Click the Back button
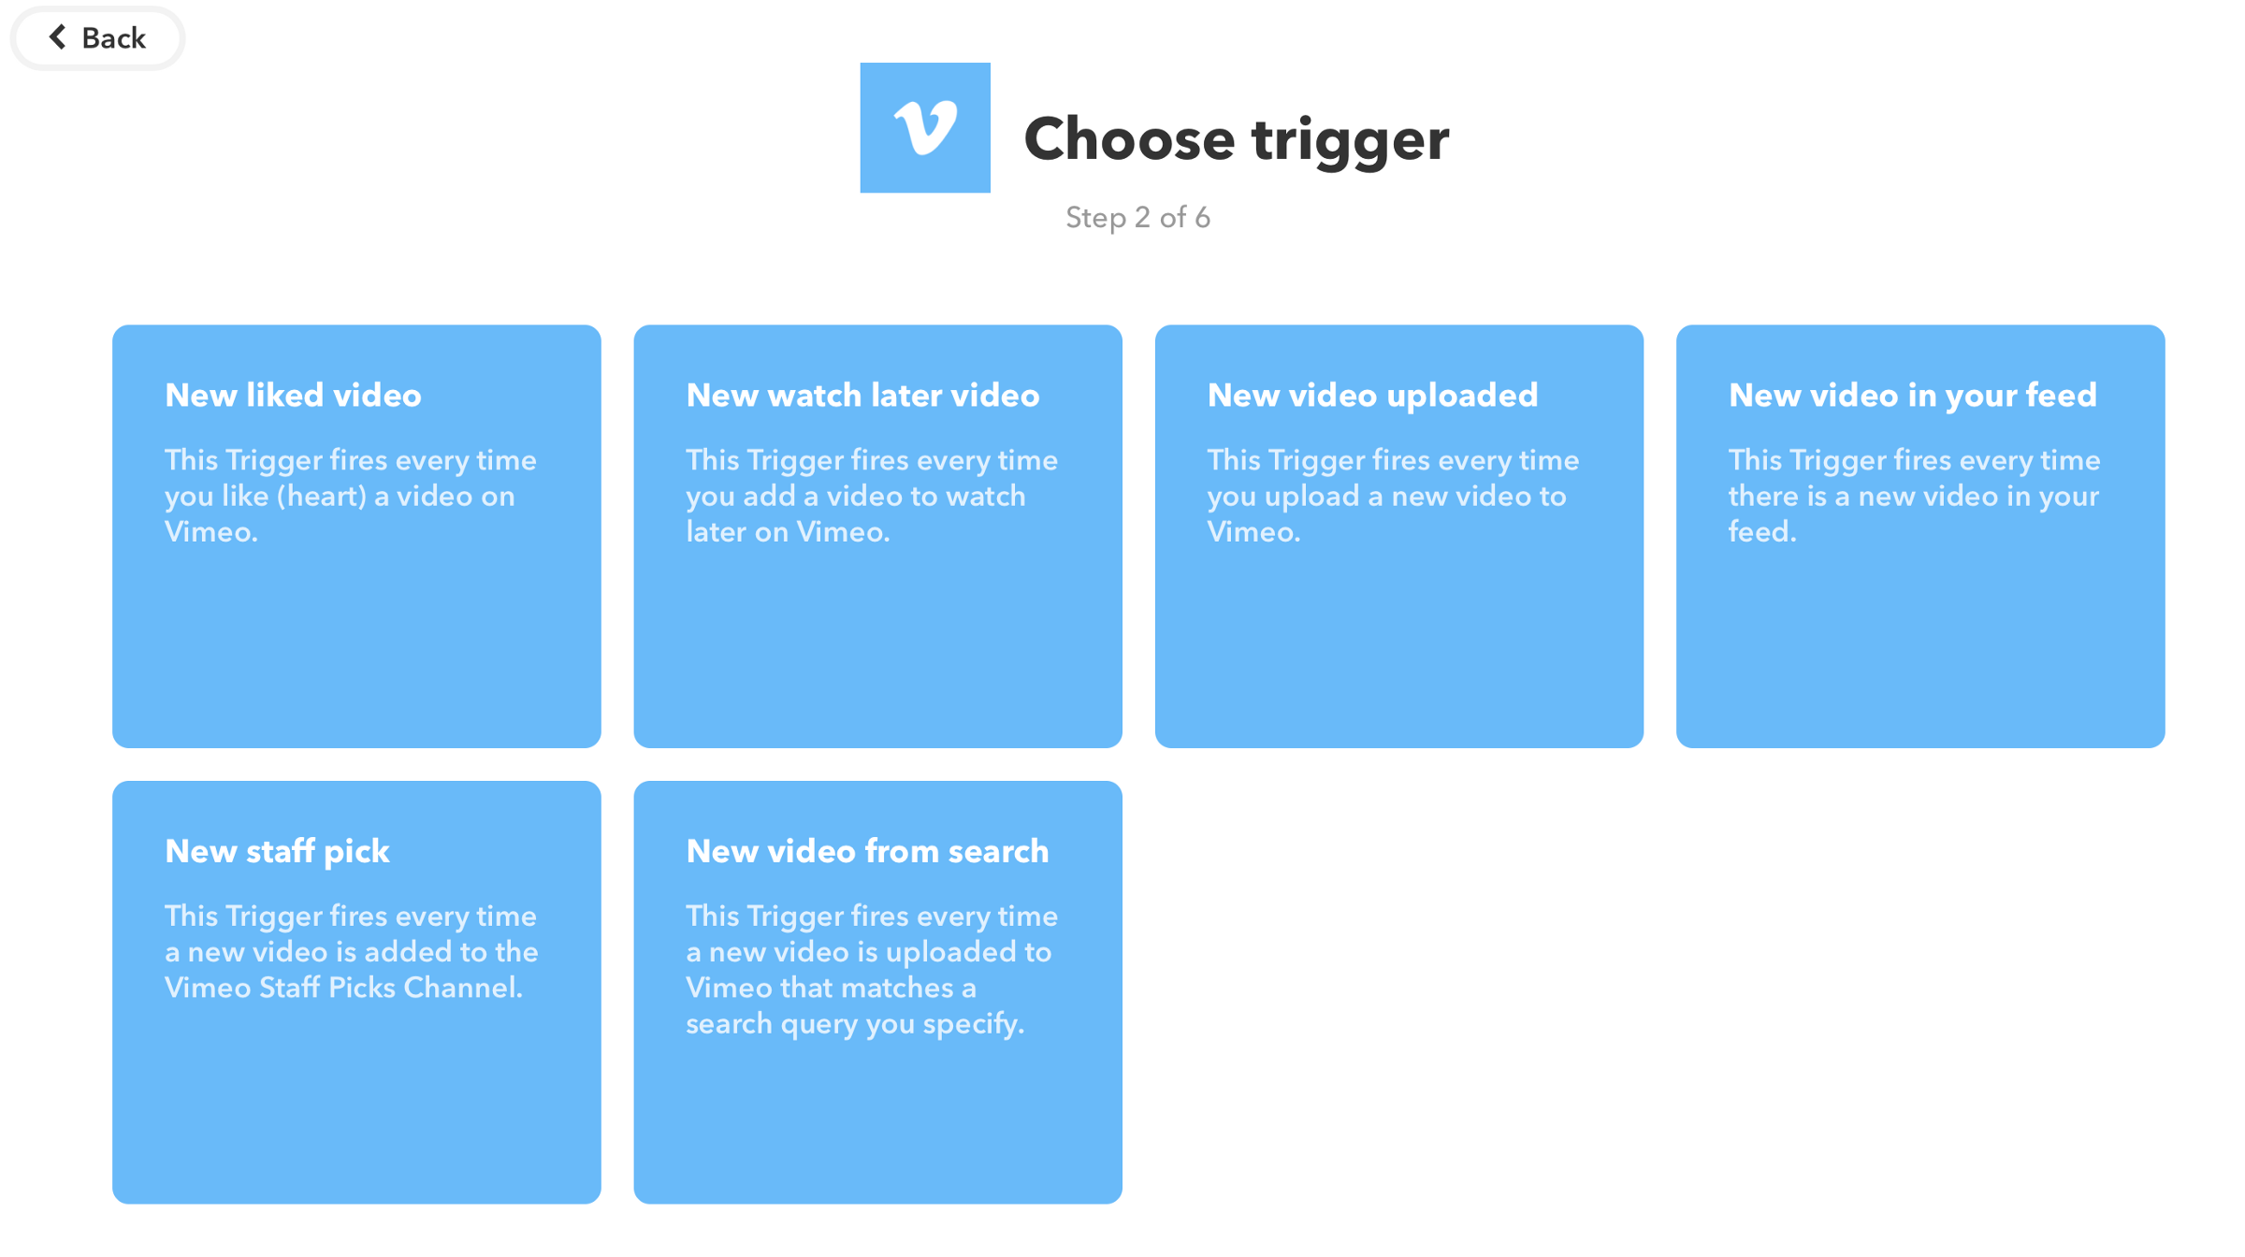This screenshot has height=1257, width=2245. [x=97, y=38]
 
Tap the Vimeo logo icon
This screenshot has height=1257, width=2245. [x=925, y=128]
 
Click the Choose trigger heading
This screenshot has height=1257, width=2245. [x=1237, y=139]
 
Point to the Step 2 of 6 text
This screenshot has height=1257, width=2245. [x=1138, y=218]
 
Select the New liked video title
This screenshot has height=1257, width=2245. [x=293, y=396]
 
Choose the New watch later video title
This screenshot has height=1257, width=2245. [x=862, y=396]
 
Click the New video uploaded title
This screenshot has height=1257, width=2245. [x=1372, y=396]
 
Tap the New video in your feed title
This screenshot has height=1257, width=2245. [x=1913, y=396]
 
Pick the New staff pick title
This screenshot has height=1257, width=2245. [x=277, y=852]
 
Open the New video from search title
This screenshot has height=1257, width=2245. [x=867, y=852]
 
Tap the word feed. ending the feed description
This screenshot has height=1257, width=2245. [x=1762, y=532]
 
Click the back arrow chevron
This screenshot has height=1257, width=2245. [x=57, y=37]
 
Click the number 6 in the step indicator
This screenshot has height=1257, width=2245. [x=1203, y=218]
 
